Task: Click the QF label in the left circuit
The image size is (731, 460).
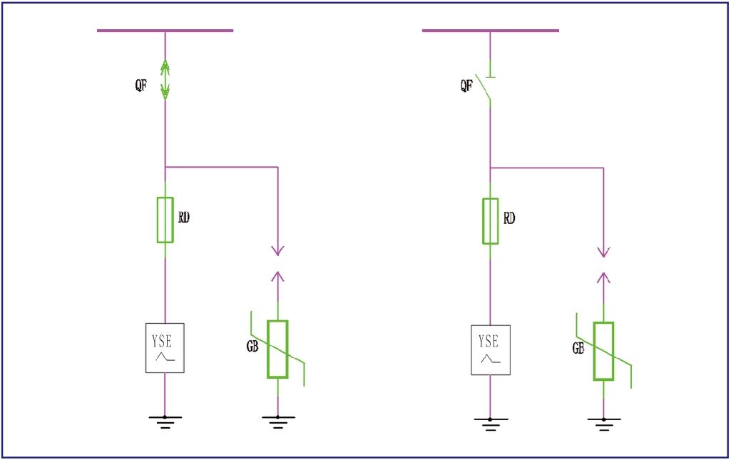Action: [140, 86]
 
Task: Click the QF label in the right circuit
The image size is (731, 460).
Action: [466, 86]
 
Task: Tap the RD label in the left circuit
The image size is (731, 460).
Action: [184, 218]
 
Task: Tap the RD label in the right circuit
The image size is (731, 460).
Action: [509, 218]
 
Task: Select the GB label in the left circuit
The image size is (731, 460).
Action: [252, 347]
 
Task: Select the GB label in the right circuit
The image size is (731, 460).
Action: [578, 348]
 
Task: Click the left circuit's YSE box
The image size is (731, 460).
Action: [165, 348]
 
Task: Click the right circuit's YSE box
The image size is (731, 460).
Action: [491, 350]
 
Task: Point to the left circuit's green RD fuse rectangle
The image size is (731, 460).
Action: [165, 220]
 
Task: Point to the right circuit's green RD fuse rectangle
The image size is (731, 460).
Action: [491, 221]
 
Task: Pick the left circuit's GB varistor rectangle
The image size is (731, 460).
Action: [277, 349]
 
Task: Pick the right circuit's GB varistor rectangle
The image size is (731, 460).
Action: [603, 351]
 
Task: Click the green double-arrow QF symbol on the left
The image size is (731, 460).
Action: [165, 79]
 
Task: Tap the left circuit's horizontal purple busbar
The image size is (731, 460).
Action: [165, 31]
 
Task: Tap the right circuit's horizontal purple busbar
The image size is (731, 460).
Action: [491, 31]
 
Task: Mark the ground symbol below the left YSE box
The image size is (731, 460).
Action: [165, 421]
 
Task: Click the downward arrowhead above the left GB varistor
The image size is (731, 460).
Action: [278, 251]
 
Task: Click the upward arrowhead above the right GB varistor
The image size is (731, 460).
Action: [604, 278]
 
